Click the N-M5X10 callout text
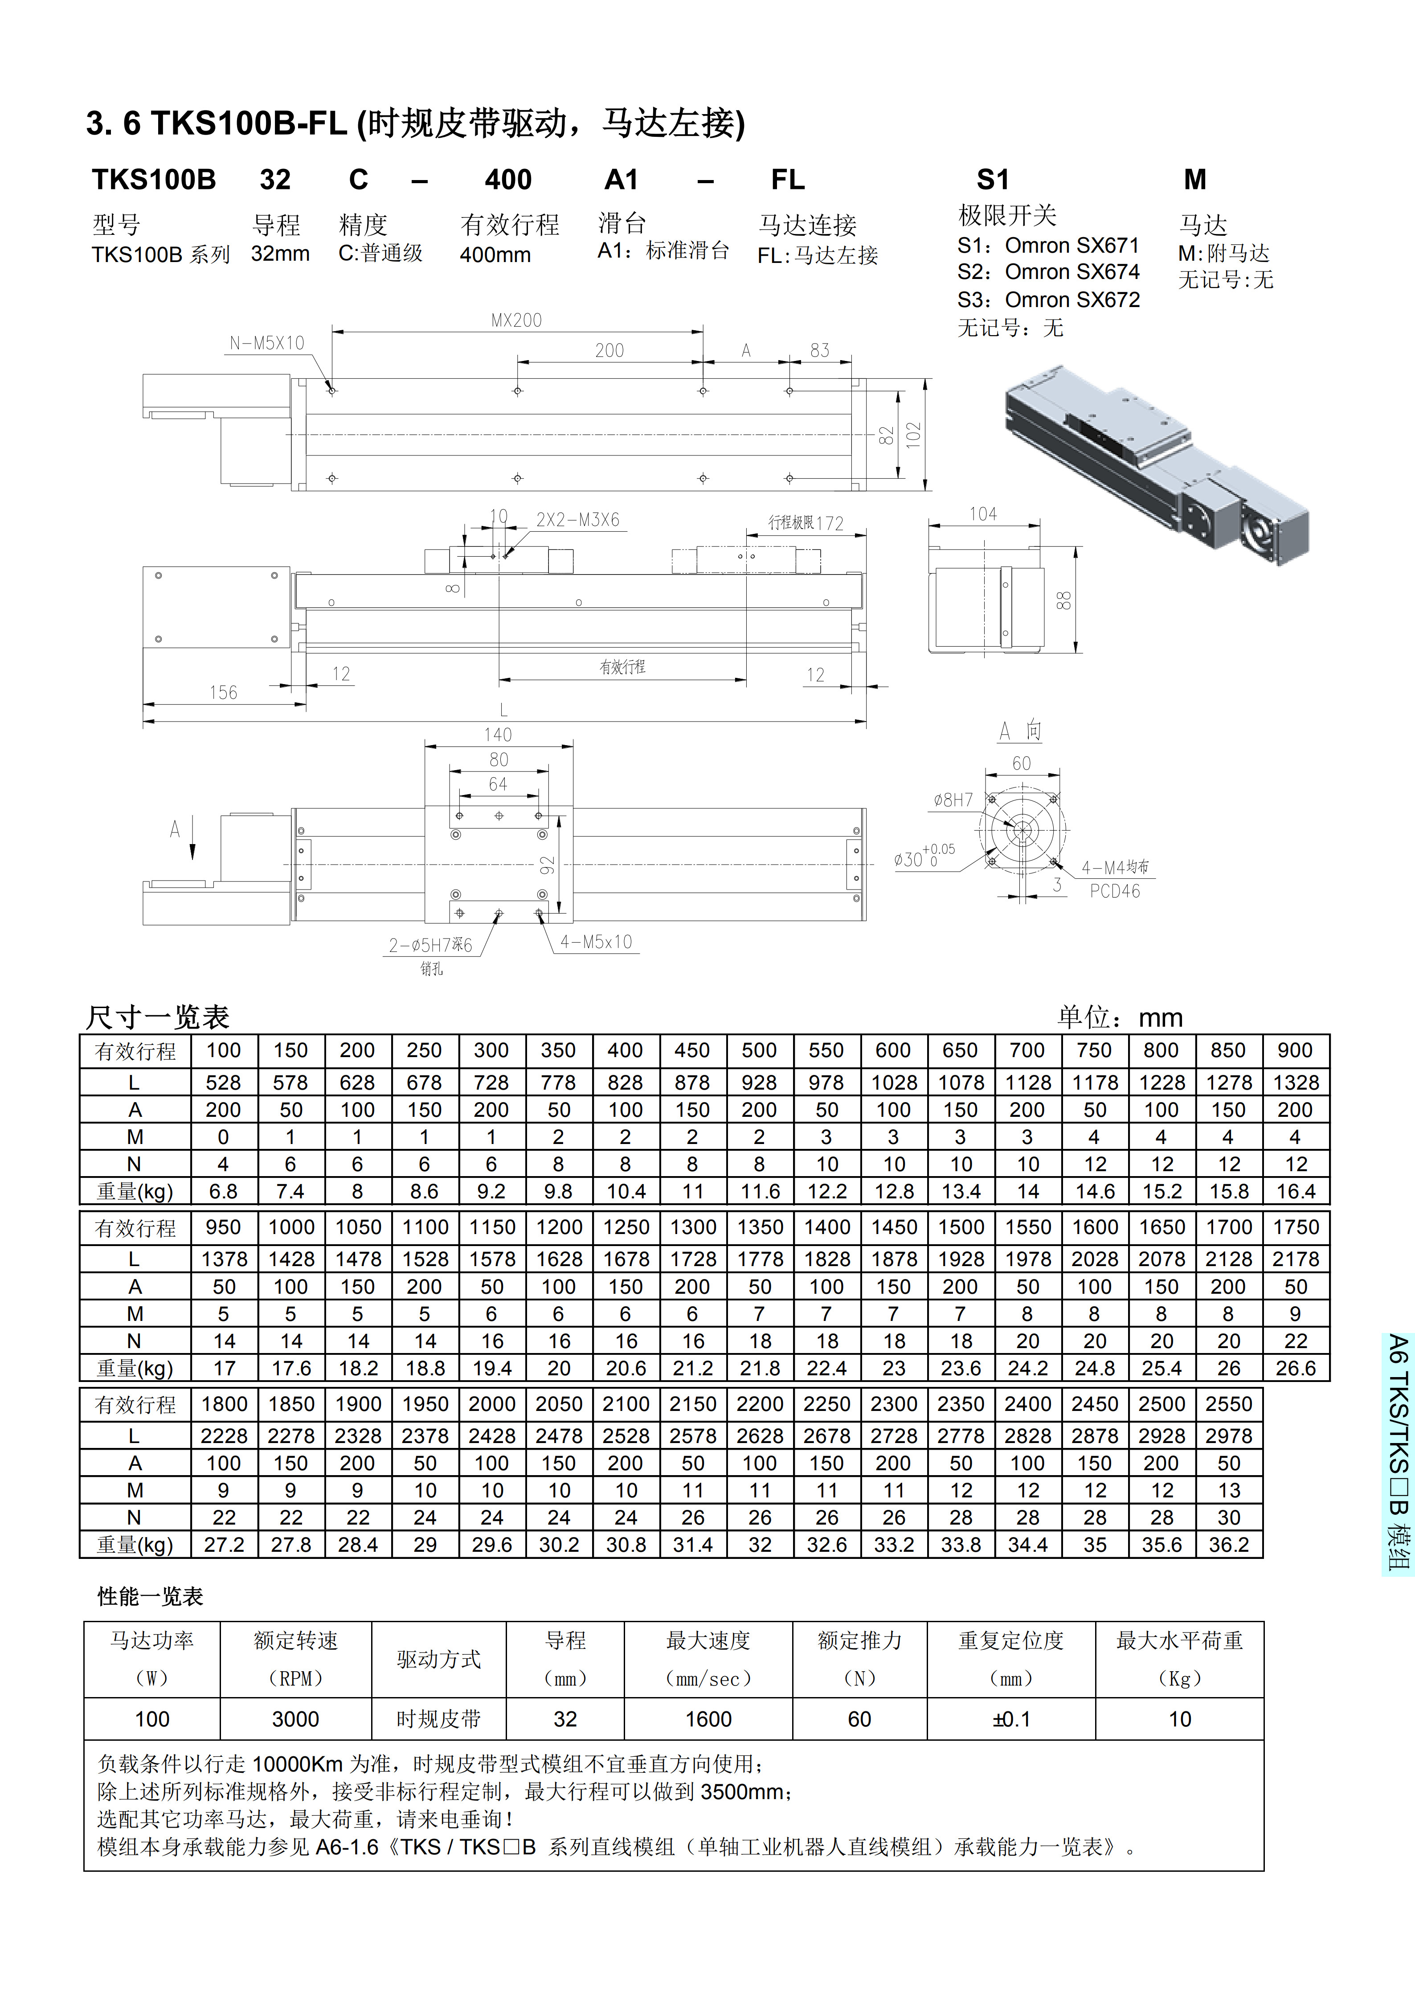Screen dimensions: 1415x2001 point(266,343)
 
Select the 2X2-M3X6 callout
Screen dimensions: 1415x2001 point(578,520)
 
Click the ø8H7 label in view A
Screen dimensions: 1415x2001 point(953,800)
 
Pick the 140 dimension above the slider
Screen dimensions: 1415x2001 point(499,735)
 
